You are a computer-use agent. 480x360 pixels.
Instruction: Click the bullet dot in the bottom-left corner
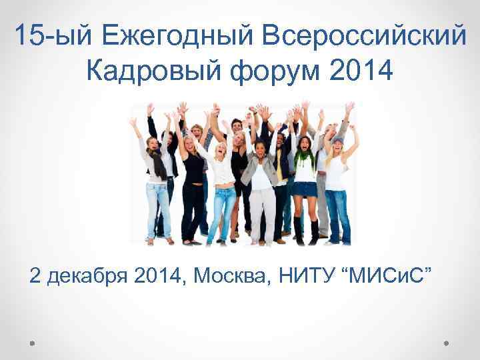pyautogui.click(x=33, y=343)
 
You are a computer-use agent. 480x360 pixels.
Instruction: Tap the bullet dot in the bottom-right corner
pyautogui.click(x=447, y=343)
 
